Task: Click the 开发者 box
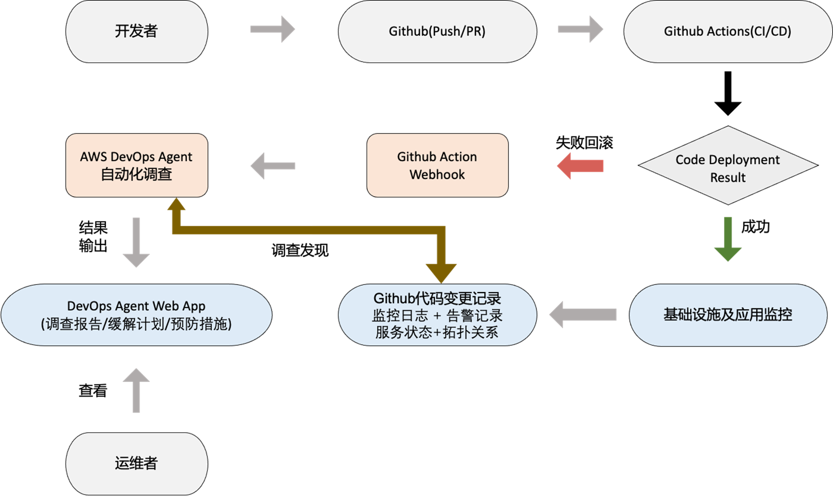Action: tap(136, 31)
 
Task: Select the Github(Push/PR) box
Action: tap(437, 31)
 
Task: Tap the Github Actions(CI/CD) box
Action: tap(727, 31)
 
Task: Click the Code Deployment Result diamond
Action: tap(728, 166)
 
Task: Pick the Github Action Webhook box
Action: tap(437, 166)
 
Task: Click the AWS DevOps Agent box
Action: tap(136, 166)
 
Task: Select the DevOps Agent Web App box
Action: tap(136, 315)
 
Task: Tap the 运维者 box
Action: tap(136, 463)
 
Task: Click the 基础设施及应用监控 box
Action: tap(728, 315)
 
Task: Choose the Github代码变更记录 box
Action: tap(437, 315)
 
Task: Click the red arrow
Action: tap(580, 166)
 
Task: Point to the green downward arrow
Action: tap(728, 239)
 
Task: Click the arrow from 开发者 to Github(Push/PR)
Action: tap(272, 29)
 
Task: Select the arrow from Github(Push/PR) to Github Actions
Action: tap(580, 29)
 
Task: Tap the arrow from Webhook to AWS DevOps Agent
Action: tap(272, 166)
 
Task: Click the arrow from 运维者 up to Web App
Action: tap(136, 390)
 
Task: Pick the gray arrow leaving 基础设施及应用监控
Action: tap(582, 314)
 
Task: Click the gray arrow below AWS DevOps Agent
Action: tap(136, 242)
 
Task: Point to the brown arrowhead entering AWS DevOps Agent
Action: tap(176, 205)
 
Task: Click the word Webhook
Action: tap(437, 175)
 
